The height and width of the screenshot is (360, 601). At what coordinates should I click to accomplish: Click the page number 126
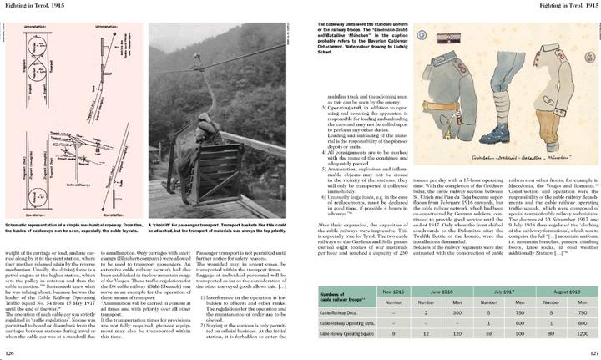tap(12, 352)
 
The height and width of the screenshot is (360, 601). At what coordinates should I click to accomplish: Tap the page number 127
tap(589, 352)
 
